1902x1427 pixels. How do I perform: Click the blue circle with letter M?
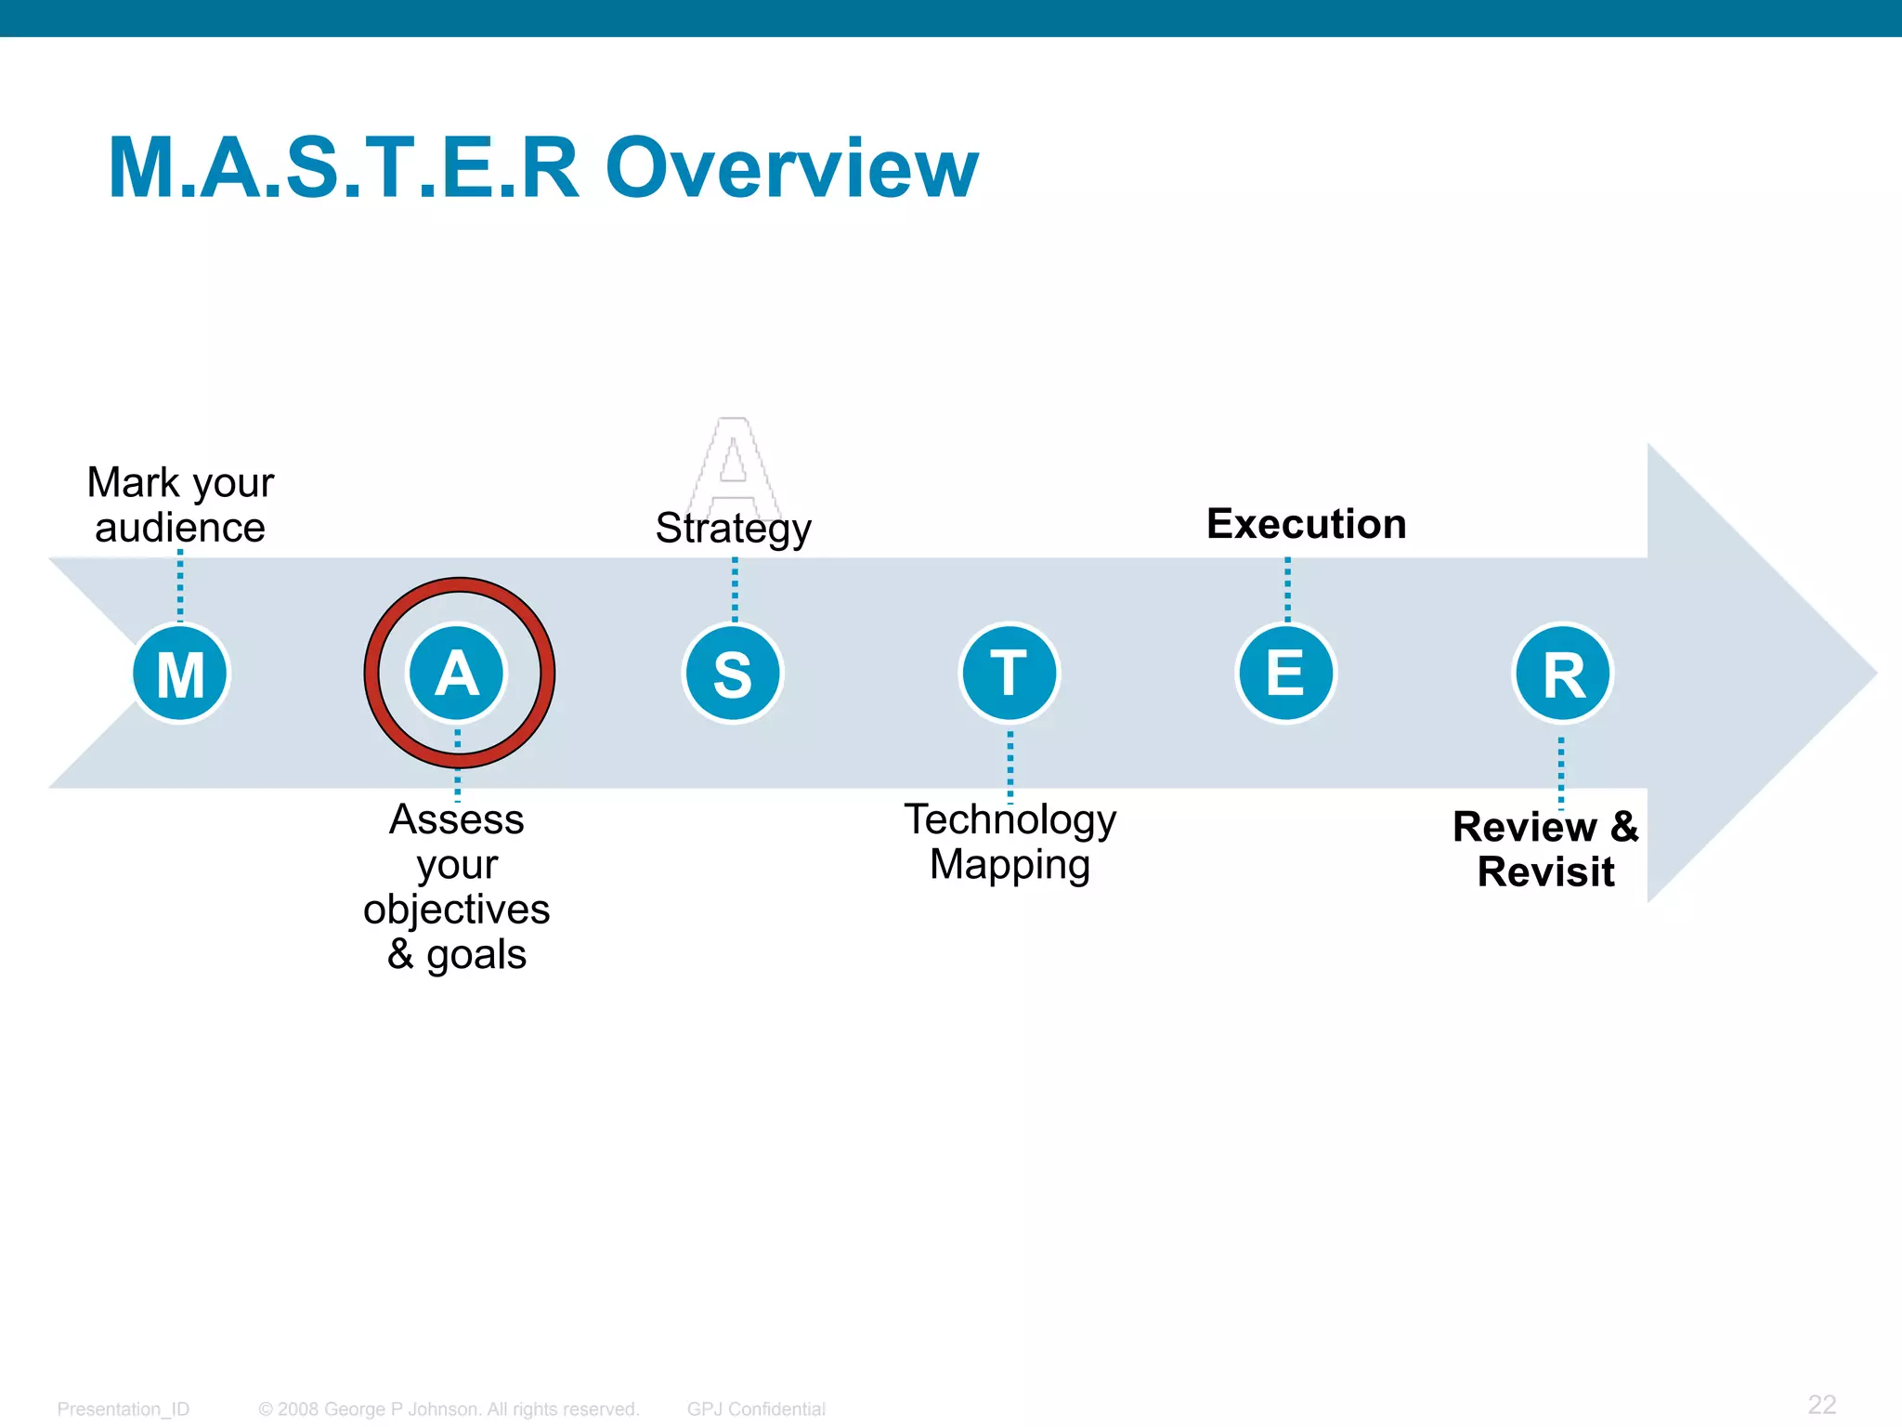tap(180, 674)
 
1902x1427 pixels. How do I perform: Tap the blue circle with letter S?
tap(734, 674)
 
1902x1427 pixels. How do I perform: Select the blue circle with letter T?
tap(1010, 674)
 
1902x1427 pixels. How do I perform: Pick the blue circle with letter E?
tap(1286, 674)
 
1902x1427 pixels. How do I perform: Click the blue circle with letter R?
tap(1563, 674)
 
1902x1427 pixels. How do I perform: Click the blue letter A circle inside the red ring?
tap(457, 674)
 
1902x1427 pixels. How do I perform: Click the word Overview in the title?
tap(791, 168)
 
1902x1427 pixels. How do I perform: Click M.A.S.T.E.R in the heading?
tap(344, 168)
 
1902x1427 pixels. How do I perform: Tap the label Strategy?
tap(734, 529)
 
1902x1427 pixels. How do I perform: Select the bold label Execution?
tap(1306, 524)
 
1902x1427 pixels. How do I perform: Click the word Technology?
tap(1010, 820)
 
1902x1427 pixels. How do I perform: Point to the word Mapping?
tap(1010, 865)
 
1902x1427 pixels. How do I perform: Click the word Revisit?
tap(1545, 872)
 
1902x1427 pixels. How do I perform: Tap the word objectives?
tap(457, 910)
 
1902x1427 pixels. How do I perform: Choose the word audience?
tap(180, 529)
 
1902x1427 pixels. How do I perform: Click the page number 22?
tap(1821, 1404)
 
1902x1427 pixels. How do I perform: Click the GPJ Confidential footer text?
tap(756, 1409)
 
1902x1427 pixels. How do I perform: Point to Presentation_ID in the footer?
tap(124, 1409)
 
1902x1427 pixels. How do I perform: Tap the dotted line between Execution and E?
tap(1287, 589)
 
